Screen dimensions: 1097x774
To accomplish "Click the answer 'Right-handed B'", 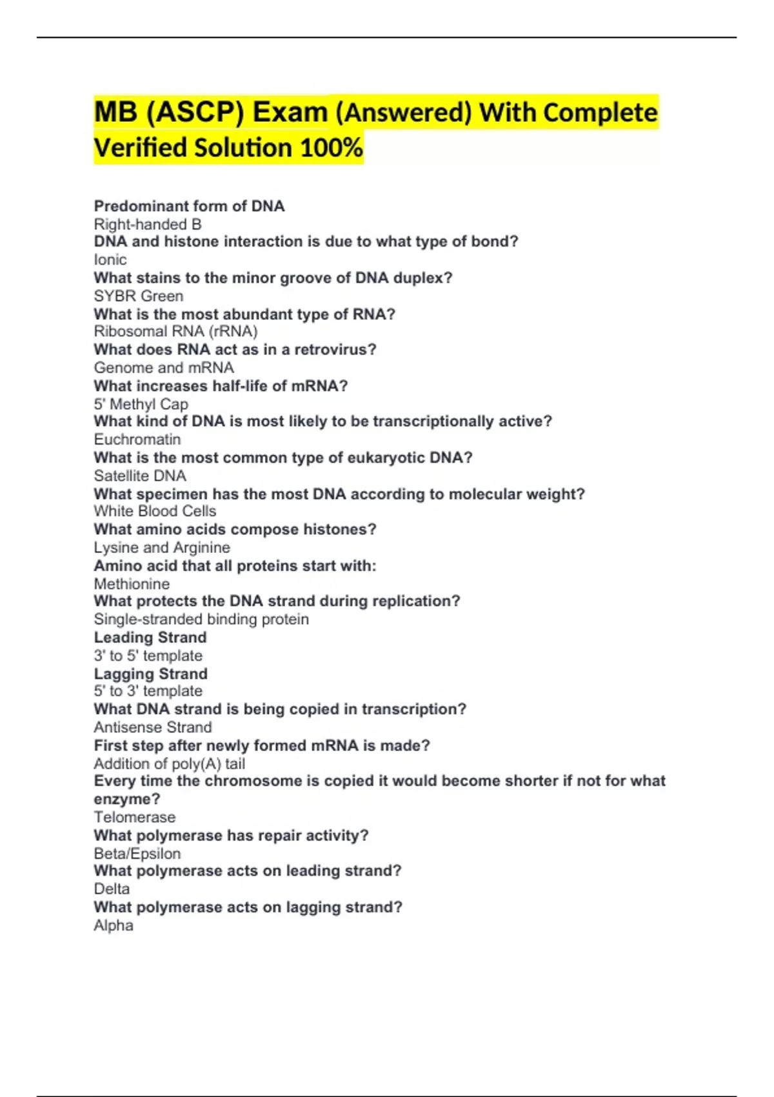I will pos(148,225).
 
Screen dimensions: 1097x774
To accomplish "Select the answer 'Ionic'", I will pos(110,260).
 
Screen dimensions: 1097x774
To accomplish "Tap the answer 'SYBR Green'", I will pos(139,296).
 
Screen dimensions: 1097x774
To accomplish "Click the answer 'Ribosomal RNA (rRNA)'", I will pos(175,332).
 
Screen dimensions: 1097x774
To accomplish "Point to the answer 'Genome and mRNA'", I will pos(164,368).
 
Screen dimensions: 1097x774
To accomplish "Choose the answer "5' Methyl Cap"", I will pos(141,405).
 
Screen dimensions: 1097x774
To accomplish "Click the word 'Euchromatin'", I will pos(137,439).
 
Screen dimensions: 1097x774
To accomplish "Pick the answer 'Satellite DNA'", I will pos(140,476).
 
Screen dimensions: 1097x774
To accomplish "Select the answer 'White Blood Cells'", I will pos(155,511).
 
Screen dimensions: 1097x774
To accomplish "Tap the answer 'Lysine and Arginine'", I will pos(162,548).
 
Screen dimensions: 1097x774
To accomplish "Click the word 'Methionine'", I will pos(132,584).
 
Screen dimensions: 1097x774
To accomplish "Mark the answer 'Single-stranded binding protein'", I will pos(201,619).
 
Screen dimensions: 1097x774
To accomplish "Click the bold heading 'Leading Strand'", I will pos(150,638).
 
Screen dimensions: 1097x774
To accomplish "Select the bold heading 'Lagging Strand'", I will pos(150,674).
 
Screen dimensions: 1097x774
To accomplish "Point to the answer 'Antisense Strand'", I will pos(153,727).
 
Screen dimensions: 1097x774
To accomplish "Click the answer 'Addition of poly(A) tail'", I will pos(169,764).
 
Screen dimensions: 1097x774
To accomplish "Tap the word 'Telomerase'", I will pos(134,818).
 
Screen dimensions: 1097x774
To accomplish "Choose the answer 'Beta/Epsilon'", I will pos(137,854).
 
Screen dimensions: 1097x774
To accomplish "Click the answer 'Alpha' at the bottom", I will pos(114,925).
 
